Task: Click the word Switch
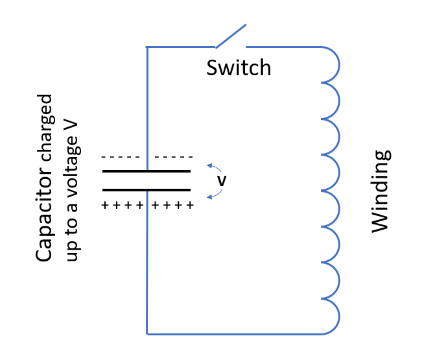point(239,67)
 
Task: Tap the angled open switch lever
point(231,36)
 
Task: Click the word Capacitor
point(45,215)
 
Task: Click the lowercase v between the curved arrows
point(221,182)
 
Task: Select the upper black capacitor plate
point(146,171)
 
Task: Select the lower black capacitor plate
point(146,190)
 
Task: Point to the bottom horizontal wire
point(233,334)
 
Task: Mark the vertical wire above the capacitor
point(147,104)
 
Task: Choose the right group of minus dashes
point(174,158)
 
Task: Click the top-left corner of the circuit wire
point(147,47)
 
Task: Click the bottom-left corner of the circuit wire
point(148,334)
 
